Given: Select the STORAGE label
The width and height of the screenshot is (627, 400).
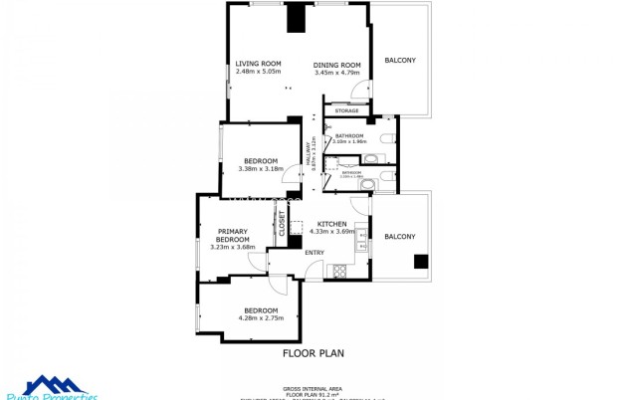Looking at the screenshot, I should [346, 110].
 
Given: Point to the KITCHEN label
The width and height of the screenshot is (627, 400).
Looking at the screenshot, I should [331, 224].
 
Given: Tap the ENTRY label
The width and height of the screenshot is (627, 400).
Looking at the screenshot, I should [314, 252].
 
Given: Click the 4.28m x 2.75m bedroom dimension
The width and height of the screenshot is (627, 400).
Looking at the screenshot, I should [262, 317].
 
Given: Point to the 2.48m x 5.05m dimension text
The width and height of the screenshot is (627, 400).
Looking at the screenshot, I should [258, 72].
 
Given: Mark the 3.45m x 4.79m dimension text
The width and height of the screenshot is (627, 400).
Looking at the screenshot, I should [335, 72].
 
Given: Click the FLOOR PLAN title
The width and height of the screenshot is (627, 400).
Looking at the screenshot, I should [313, 352].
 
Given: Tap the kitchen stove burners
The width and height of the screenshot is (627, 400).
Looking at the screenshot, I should [339, 269].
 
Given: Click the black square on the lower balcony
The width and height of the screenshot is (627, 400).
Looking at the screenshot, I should [421, 262].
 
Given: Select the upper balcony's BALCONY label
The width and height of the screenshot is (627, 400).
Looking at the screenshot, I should [400, 61].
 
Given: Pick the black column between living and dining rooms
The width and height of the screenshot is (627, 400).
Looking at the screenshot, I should [295, 19].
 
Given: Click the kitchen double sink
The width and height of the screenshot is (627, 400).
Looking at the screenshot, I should [362, 239].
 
